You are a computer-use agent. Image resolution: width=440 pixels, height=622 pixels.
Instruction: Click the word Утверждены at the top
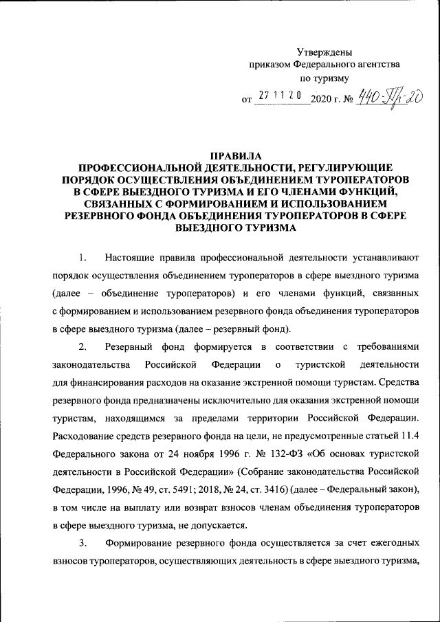pos(324,52)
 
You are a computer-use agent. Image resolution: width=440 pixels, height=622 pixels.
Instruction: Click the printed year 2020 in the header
pos(322,99)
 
